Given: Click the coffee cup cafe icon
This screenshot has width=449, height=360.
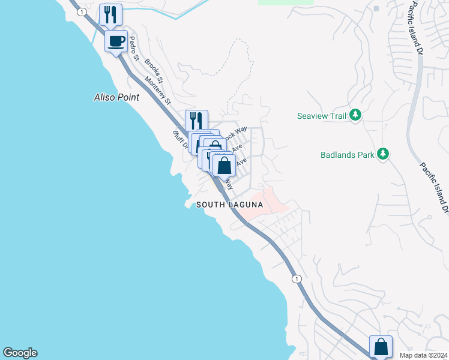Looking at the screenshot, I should click(x=116, y=41).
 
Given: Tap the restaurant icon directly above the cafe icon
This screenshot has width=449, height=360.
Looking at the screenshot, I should click(x=110, y=14).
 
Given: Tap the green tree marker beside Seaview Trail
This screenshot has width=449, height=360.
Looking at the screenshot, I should click(x=355, y=115).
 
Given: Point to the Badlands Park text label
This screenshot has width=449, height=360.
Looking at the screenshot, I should click(x=347, y=155).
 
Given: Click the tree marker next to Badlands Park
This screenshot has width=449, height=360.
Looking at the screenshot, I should click(x=382, y=155).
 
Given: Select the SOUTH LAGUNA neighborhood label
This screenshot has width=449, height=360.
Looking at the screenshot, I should click(x=230, y=205).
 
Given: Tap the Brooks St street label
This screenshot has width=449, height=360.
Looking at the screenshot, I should click(x=154, y=70).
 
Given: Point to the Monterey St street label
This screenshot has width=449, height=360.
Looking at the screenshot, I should click(x=157, y=92).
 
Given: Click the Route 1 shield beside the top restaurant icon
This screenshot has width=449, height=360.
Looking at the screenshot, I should click(x=81, y=11).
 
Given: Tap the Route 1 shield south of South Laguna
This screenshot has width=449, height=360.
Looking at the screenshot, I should click(x=295, y=279).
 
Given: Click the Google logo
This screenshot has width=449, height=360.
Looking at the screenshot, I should click(x=20, y=353).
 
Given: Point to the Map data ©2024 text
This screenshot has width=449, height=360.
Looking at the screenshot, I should click(x=423, y=355).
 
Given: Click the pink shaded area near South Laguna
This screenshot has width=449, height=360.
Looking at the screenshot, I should click(x=267, y=201).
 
